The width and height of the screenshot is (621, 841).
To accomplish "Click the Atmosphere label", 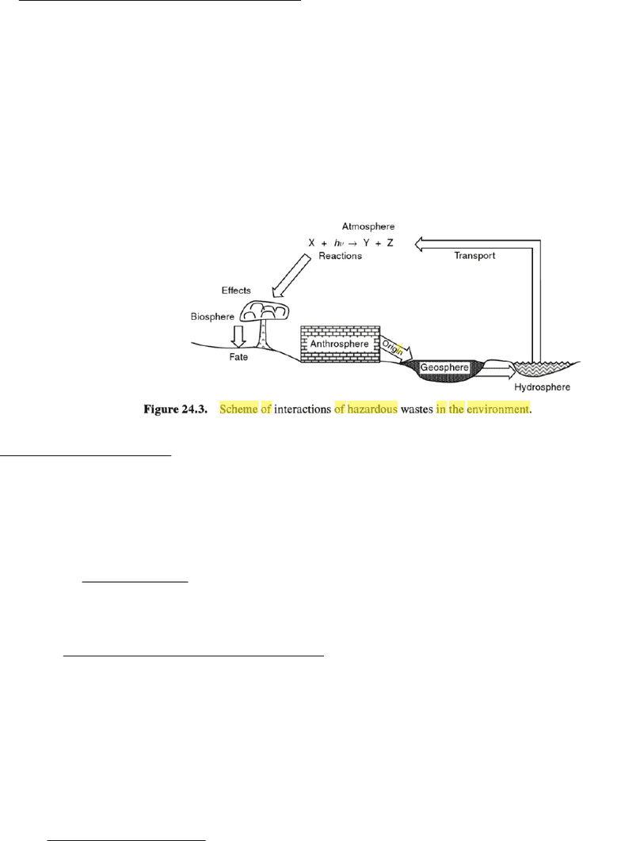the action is pos(368,226).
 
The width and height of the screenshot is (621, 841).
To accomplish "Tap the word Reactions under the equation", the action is pos(340,256).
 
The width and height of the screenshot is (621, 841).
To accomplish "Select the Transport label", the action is pos(474,255).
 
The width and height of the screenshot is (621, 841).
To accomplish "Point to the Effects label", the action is pos(236,290).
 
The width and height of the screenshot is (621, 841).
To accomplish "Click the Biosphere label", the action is pos(212,317).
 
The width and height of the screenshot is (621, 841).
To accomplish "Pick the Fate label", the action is pos(238,356).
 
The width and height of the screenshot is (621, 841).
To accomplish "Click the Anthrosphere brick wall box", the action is pos(340,344).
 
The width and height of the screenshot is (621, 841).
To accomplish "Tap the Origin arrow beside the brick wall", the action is pos(396,348).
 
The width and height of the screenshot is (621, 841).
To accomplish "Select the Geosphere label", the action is pos(444,367).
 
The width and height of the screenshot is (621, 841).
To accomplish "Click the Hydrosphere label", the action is pos(542,386).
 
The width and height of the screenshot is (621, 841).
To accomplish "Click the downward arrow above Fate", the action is pos(238,337).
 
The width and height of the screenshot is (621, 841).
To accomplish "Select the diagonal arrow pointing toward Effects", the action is pos(291,276).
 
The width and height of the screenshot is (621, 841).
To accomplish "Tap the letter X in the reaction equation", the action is pos(311,243).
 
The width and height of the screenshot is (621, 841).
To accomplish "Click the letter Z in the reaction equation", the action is pos(390,243).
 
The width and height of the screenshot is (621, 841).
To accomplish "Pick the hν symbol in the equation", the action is pos(339,243).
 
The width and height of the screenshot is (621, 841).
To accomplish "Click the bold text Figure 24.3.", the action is pos(175,409).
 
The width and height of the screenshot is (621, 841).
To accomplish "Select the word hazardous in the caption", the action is pos(373,409).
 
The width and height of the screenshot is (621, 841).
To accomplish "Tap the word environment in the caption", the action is pos(497,409).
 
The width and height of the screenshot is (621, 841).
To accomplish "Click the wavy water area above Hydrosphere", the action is pos(541,368).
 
